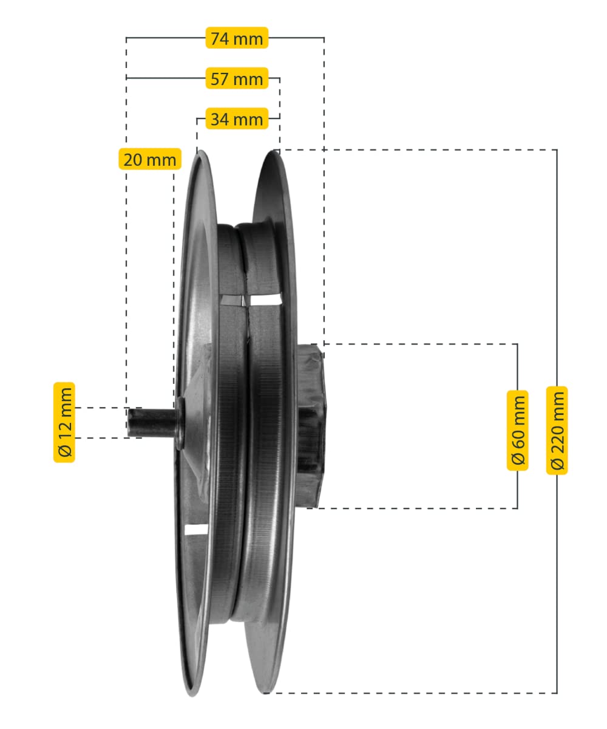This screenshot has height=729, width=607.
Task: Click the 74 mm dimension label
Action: tap(237, 38)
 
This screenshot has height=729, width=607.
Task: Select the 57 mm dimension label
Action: tap(237, 78)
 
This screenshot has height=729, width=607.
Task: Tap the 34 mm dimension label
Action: tap(237, 118)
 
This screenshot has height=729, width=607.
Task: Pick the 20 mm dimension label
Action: tap(150, 159)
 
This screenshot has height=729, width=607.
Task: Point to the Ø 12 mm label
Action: tap(64, 422)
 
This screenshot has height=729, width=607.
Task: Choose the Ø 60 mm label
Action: tap(517, 430)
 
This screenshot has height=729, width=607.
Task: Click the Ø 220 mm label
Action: tap(557, 430)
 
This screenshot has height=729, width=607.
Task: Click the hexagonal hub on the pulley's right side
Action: tap(311, 426)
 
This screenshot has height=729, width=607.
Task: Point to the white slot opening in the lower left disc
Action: tap(195, 529)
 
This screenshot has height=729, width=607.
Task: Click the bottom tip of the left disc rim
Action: tap(192, 696)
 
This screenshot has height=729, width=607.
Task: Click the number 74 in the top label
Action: tap(220, 38)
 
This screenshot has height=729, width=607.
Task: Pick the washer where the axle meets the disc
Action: tap(180, 423)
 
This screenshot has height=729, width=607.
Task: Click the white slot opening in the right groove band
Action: tap(266, 299)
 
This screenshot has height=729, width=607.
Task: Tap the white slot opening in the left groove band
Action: tap(232, 300)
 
